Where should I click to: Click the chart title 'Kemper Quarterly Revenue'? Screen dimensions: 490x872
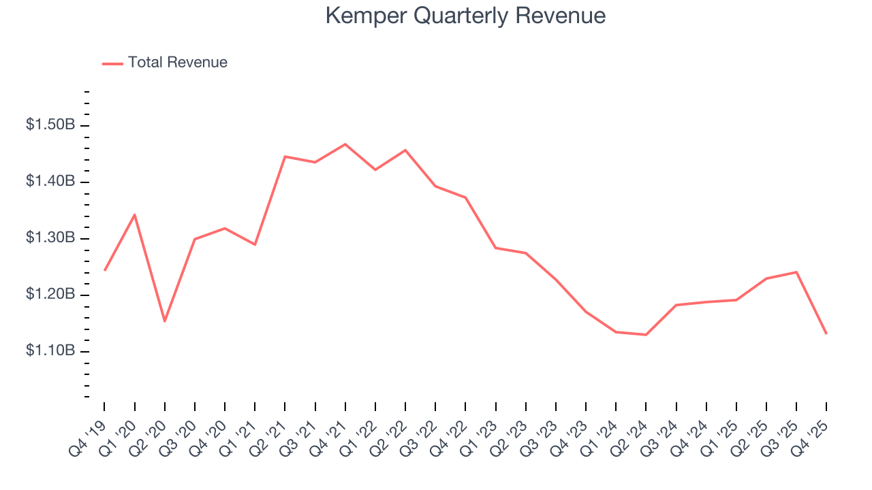[465, 16]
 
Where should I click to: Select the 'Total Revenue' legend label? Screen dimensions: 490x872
[177, 63]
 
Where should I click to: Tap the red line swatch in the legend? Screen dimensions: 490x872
[112, 63]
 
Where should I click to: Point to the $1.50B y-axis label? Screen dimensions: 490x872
[50, 125]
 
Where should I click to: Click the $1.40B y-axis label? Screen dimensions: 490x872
[50, 182]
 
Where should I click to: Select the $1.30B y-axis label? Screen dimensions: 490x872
[50, 238]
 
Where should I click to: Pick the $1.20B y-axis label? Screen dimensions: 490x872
[50, 295]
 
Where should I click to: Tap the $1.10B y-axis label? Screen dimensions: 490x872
[50, 351]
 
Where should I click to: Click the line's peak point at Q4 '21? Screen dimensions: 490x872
[345, 144]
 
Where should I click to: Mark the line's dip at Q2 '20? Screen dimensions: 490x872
[165, 321]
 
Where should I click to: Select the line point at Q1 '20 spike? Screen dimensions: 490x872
[135, 214]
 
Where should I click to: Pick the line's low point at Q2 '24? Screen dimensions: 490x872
[646, 335]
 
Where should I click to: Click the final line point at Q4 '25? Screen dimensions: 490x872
[826, 333]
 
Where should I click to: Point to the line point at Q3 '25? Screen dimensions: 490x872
[796, 272]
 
